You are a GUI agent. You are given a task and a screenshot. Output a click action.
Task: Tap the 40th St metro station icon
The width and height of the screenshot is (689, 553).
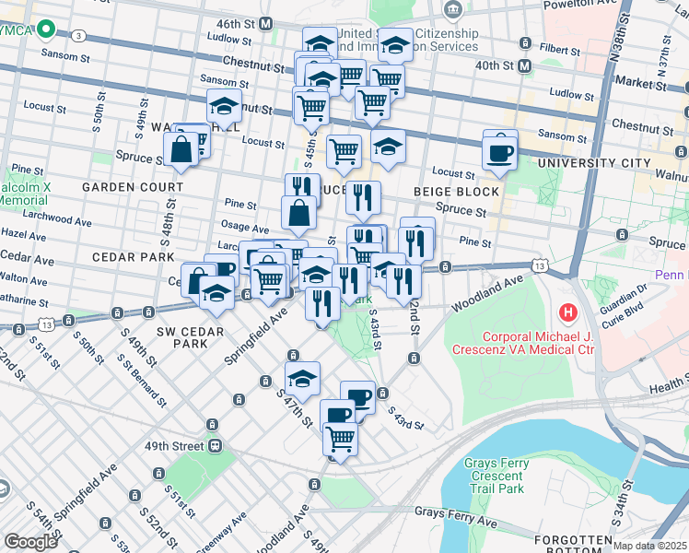[x=524, y=65]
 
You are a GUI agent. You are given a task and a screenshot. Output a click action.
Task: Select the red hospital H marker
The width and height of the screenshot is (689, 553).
[x=568, y=312]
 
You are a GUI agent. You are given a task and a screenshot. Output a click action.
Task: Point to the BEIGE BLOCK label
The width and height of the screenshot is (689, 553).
[x=463, y=192]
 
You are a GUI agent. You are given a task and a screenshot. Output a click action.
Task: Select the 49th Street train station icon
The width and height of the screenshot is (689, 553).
[x=215, y=446]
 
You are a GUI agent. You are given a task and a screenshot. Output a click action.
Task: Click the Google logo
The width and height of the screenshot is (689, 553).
[x=30, y=541]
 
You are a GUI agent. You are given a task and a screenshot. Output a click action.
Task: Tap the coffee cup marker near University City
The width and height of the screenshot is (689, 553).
[x=500, y=152]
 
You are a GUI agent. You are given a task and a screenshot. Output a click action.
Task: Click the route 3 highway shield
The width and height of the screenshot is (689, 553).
[x=79, y=36]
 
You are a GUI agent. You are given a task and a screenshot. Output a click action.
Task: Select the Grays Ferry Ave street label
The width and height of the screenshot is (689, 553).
[x=455, y=518]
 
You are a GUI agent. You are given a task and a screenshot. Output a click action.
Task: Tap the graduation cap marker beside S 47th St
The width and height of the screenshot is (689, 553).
[x=301, y=379]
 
